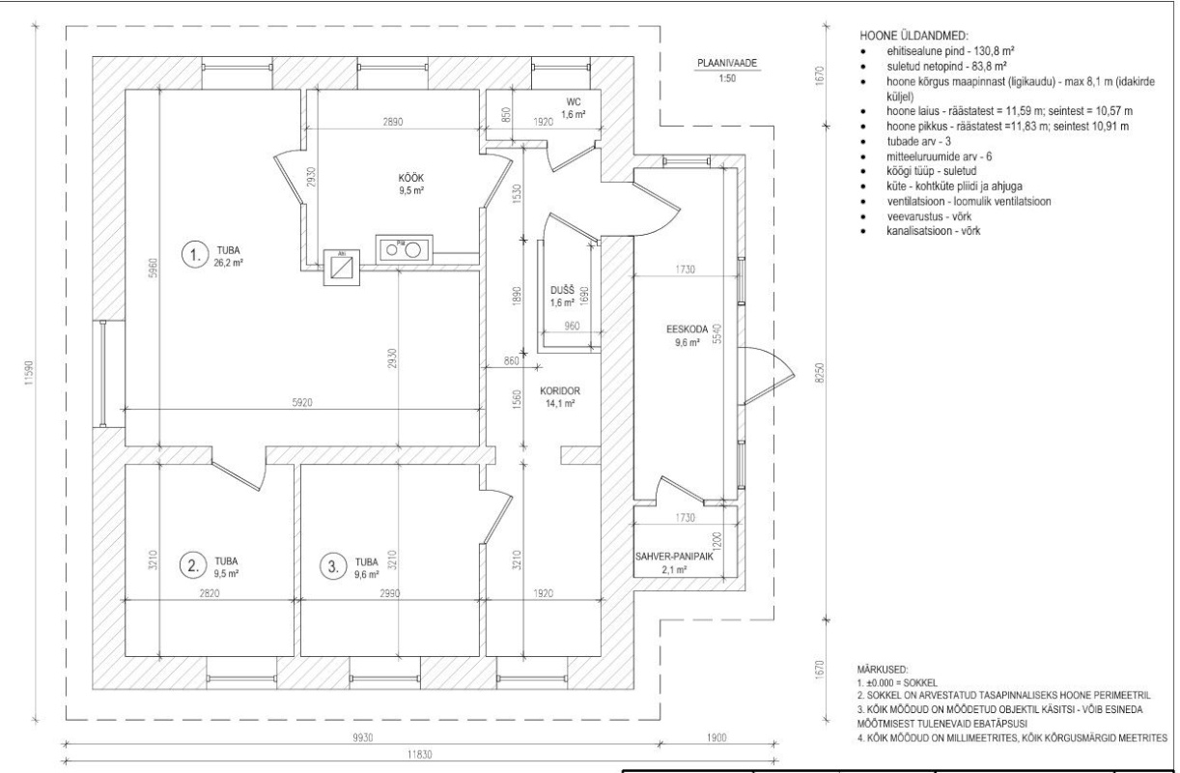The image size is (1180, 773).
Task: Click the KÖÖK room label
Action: [411, 178]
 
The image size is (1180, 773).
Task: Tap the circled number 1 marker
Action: [195, 255]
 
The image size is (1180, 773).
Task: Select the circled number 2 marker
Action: [193, 566]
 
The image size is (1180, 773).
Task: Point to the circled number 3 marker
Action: [333, 567]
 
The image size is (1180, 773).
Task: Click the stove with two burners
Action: [404, 249]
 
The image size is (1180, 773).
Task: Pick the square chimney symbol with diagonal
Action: [342, 268]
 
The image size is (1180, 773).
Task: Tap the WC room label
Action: [574, 101]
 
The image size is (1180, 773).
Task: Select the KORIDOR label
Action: [560, 390]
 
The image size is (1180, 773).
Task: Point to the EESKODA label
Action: [688, 329]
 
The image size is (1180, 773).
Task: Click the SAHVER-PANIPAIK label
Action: [674, 557]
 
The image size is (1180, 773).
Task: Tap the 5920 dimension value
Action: [302, 403]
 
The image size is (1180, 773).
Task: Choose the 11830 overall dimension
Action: [419, 755]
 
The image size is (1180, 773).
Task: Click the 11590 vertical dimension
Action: [28, 373]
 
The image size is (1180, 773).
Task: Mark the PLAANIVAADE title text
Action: [727, 63]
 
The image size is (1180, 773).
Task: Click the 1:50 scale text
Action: [727, 78]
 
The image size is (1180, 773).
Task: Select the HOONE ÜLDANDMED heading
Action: [914, 36]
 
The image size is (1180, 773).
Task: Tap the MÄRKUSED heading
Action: [883, 670]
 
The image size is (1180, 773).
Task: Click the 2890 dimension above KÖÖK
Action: [392, 122]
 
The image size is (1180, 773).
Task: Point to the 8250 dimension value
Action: [820, 373]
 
